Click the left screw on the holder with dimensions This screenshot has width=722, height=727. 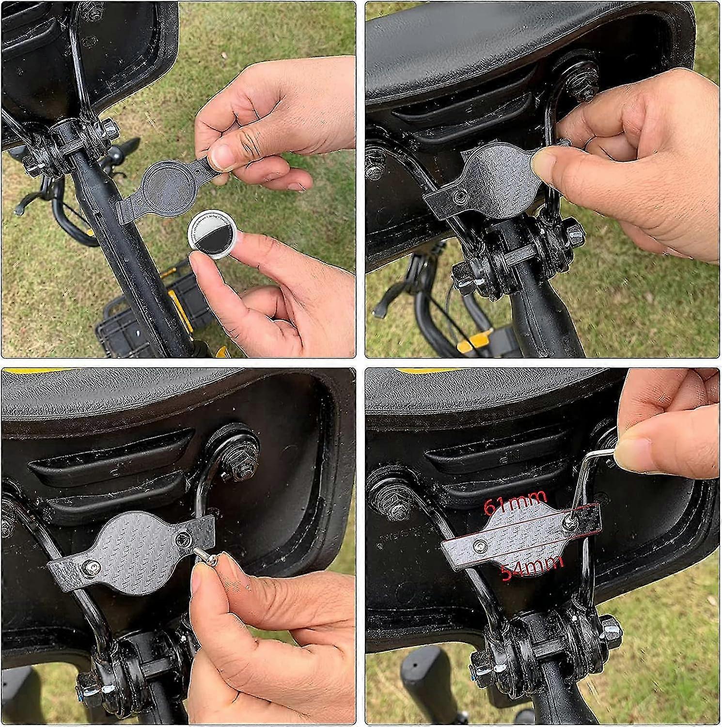click(x=480, y=545)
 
